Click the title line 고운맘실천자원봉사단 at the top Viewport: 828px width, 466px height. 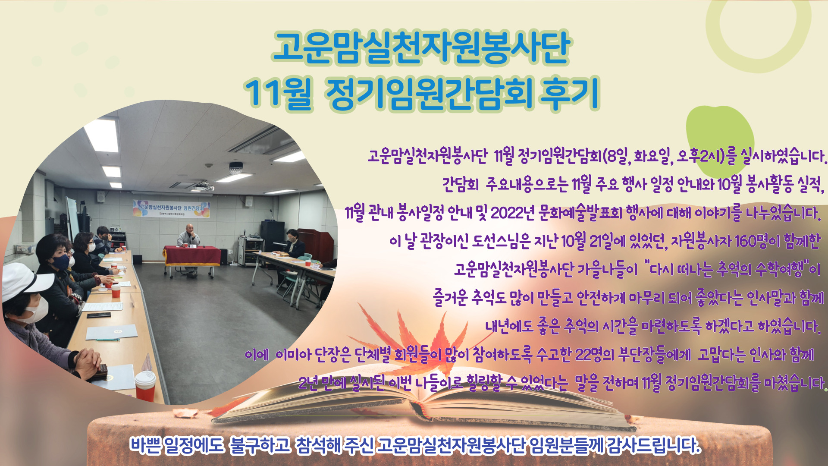click(x=421, y=47)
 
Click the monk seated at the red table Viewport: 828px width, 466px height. click(x=188, y=242)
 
